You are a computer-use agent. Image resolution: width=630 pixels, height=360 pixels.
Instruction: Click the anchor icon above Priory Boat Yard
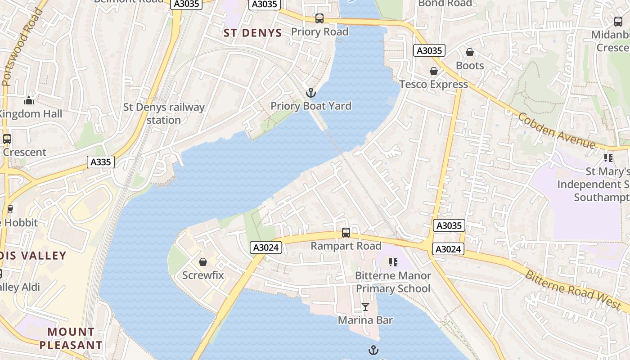click(310, 93)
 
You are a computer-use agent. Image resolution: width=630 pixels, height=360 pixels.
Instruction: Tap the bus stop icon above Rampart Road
click(346, 233)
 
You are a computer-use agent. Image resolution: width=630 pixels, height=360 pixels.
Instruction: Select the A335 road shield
click(100, 162)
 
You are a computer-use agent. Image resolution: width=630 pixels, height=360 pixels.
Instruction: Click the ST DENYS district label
click(253, 33)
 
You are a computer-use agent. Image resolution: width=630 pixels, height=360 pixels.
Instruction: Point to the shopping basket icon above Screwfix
click(203, 262)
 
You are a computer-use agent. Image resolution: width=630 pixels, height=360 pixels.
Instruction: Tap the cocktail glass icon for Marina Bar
click(365, 307)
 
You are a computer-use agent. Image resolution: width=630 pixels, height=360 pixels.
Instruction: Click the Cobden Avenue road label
click(557, 130)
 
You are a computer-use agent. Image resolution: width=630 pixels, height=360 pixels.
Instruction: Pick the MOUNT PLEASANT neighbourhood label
click(71, 338)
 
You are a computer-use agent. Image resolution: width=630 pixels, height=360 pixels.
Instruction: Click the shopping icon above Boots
click(470, 53)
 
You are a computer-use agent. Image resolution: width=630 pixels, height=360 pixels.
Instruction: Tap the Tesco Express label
click(434, 84)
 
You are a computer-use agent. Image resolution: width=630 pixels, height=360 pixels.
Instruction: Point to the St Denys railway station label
click(164, 113)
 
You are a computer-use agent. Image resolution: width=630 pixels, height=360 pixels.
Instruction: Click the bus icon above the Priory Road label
click(319, 18)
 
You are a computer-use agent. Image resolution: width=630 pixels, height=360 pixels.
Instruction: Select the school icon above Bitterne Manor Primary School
click(393, 262)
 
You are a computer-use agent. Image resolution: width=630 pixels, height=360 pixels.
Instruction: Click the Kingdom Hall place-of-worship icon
click(29, 100)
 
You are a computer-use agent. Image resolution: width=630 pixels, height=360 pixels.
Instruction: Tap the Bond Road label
click(445, 4)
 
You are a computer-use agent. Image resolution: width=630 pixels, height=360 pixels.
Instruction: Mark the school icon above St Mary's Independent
click(608, 157)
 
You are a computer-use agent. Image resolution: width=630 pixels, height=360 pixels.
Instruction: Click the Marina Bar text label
click(365, 320)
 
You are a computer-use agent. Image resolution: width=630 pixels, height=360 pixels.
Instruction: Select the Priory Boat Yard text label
click(311, 106)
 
